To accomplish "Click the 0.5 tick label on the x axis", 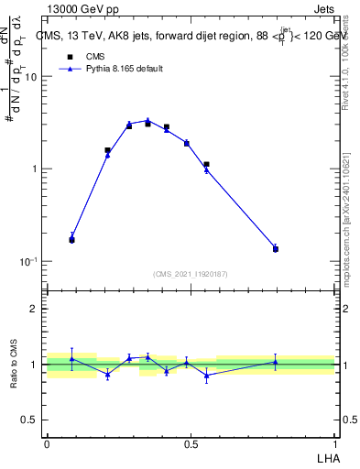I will (x=191, y=444).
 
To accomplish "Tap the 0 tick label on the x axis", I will (x=47, y=444).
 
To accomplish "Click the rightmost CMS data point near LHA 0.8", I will (x=276, y=249).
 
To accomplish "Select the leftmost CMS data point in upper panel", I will (x=71, y=240).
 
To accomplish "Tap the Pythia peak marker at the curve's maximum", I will (x=147, y=120).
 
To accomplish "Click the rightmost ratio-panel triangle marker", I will (x=276, y=362).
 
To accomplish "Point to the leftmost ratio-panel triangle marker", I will (x=71, y=359).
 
